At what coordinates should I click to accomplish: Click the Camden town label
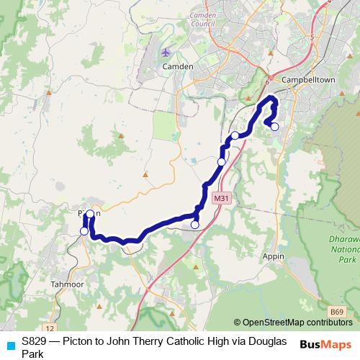coord(179,66)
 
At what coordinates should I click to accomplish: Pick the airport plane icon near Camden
coord(167,52)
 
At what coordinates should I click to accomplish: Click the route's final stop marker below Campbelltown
coord(274,127)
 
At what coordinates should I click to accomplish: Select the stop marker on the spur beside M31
coord(194,225)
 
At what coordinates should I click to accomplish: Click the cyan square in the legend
coord(9,344)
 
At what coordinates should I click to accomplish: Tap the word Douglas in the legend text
coord(265,341)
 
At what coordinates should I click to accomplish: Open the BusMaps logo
coord(325,344)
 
